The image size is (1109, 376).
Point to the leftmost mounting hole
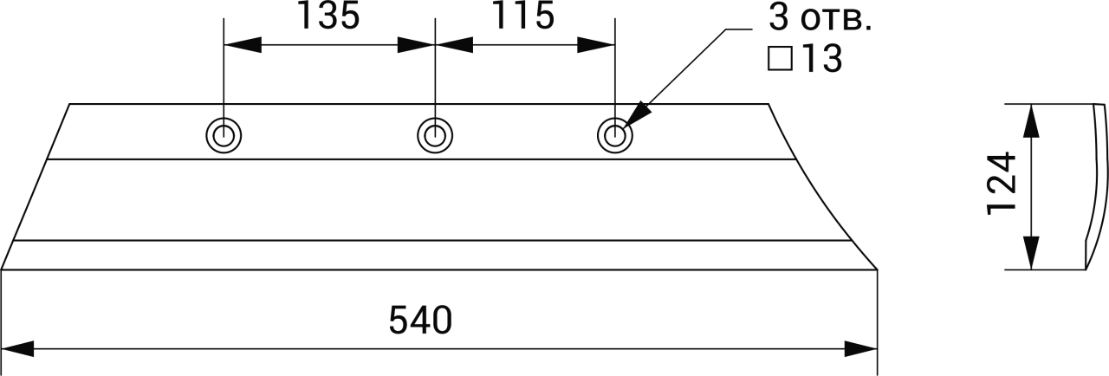click(x=224, y=136)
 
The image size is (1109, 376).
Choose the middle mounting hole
click(x=435, y=135)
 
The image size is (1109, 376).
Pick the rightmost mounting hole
click(x=615, y=136)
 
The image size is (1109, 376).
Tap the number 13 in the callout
click(x=820, y=59)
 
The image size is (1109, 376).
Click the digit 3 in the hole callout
click(x=778, y=19)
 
